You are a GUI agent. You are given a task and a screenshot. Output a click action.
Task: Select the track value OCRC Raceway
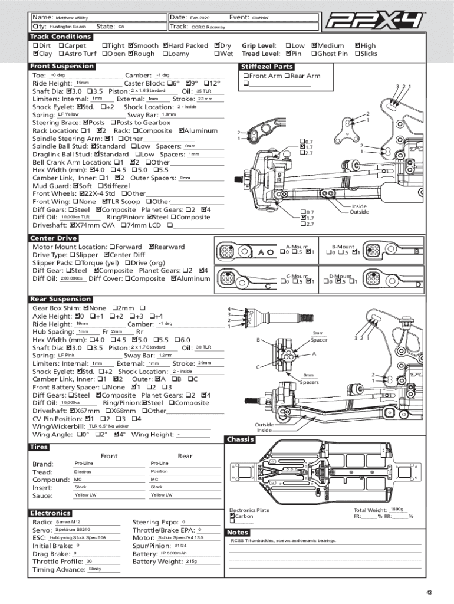208,27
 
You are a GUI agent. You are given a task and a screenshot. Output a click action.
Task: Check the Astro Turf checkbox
61,54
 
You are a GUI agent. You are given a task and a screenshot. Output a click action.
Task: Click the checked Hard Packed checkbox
166,45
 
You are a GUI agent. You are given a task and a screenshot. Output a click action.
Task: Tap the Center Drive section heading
54,238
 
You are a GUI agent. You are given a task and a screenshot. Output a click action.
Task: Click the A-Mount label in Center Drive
297,247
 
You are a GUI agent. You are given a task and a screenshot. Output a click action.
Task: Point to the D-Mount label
340,276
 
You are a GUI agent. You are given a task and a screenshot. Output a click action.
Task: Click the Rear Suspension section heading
61,299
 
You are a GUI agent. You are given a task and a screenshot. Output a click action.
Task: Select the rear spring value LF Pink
66,356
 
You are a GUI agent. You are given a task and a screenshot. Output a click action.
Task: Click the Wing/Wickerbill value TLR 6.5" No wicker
108,426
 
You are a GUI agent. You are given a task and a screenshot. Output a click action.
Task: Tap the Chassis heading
241,439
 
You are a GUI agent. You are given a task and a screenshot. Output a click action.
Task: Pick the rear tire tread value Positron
160,472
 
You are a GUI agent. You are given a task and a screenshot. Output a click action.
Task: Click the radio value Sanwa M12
68,522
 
